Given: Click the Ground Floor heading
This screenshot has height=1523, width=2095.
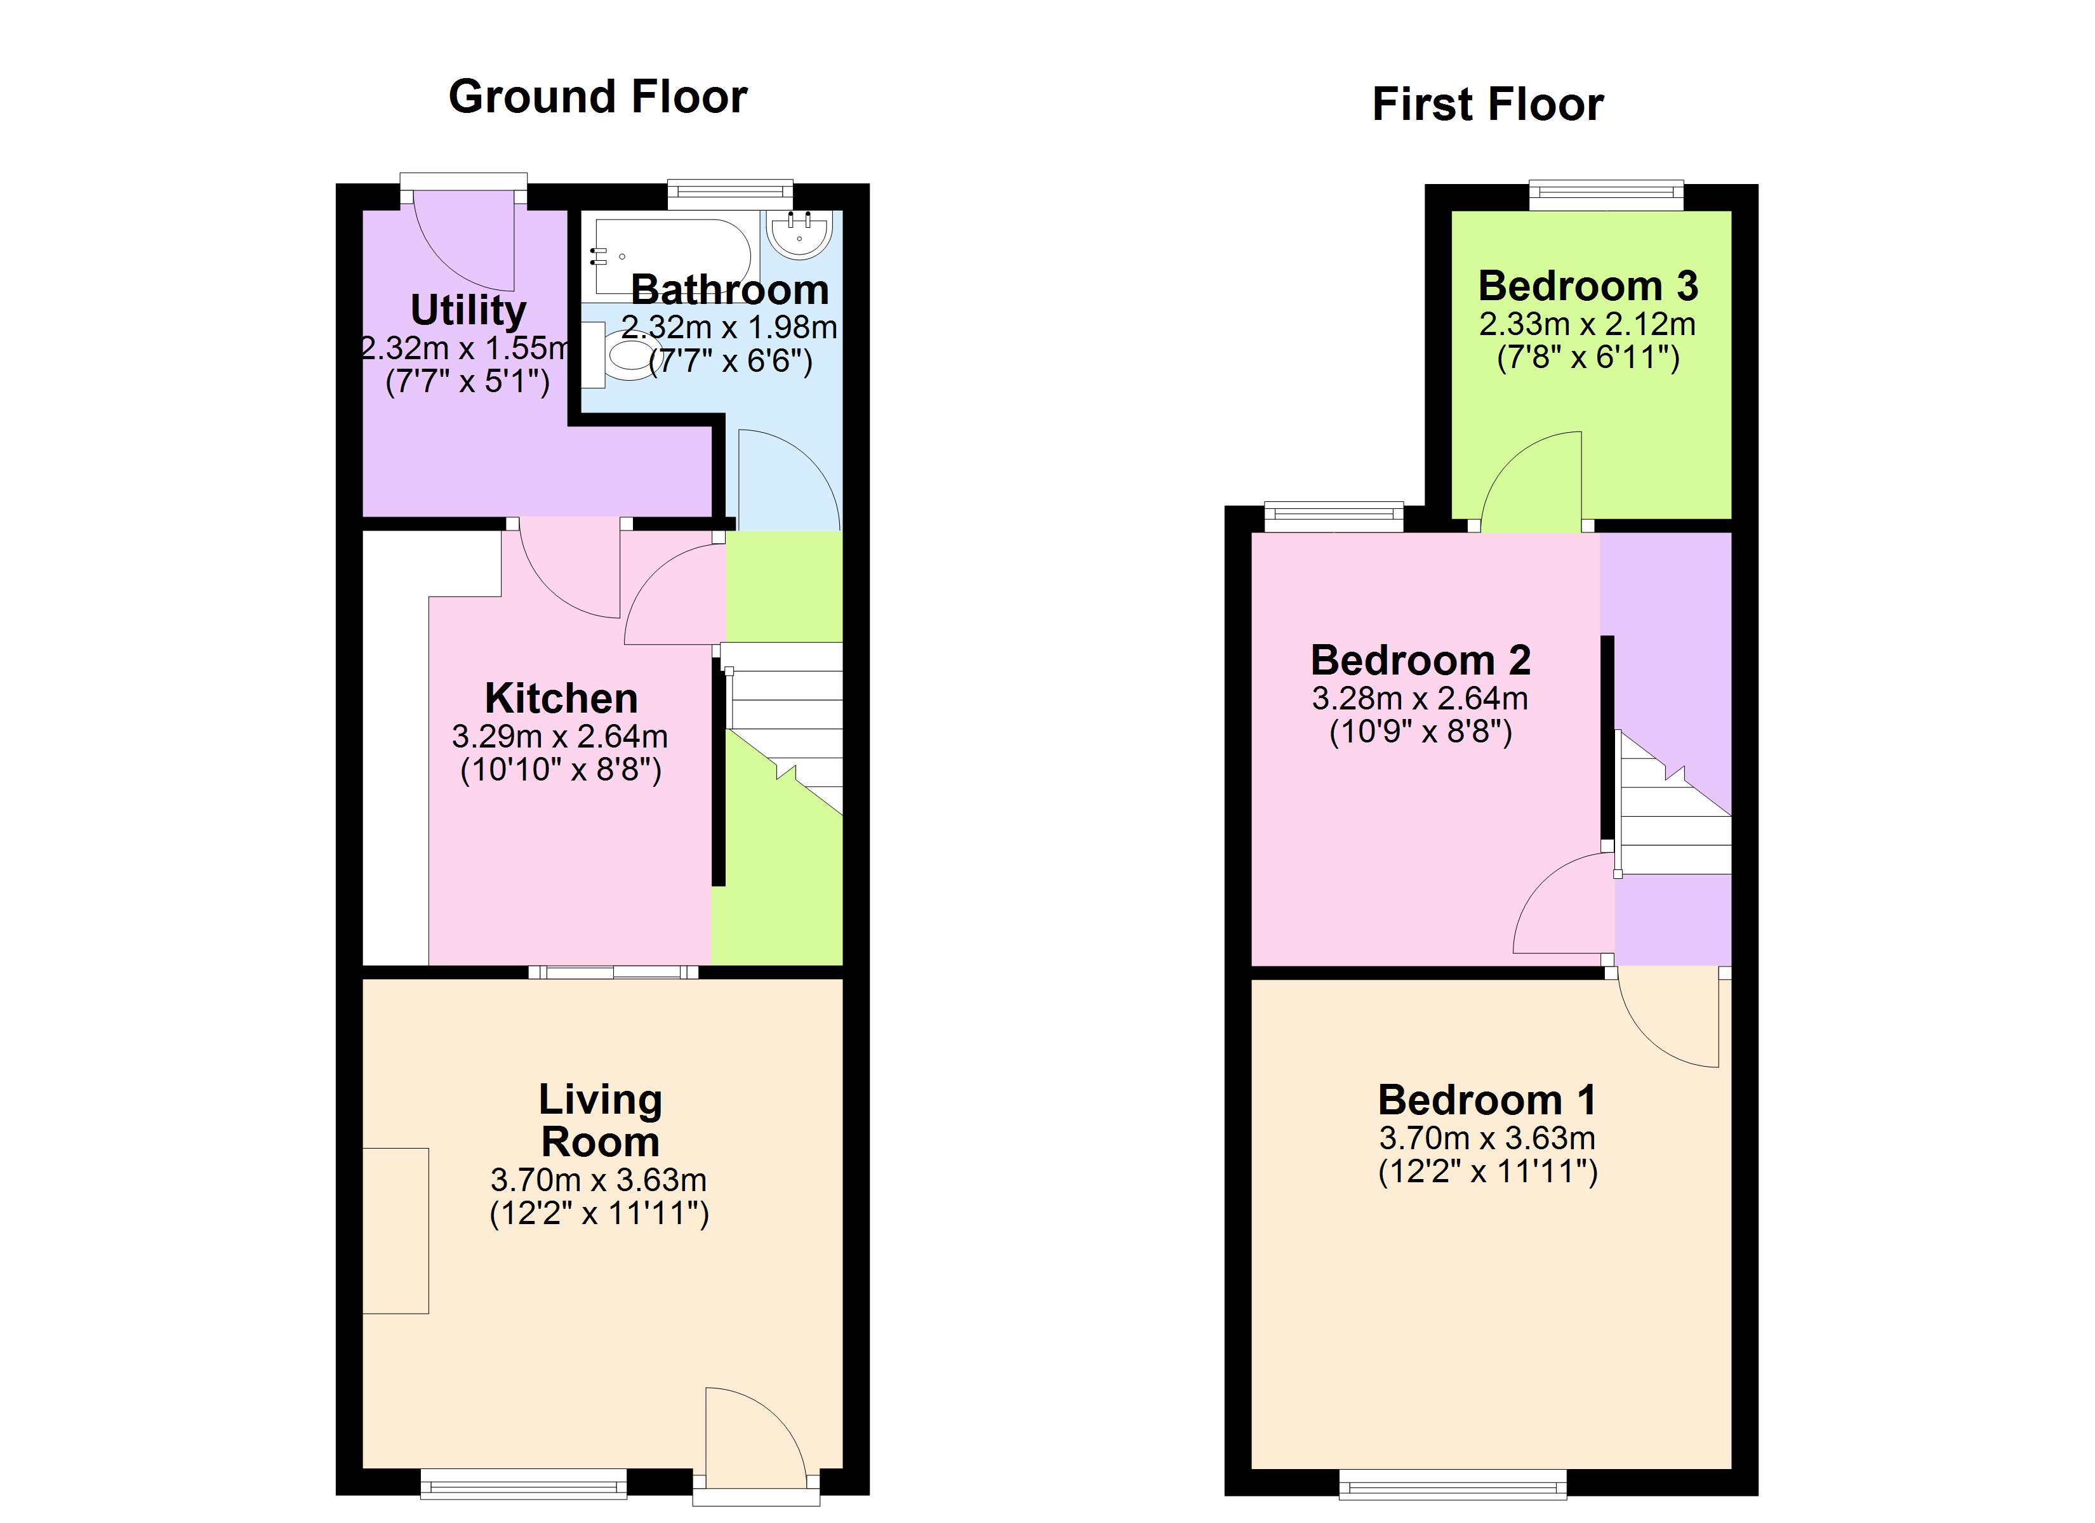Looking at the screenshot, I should tap(597, 97).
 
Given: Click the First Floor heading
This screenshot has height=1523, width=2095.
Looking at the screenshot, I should tap(1487, 104).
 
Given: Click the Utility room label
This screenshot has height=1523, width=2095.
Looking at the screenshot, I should tap(469, 310).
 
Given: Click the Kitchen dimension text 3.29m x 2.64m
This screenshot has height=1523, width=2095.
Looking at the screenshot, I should tap(560, 736).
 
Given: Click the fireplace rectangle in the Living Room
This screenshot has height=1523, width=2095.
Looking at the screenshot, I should tap(396, 1230).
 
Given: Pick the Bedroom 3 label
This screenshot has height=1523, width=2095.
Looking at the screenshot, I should tap(1588, 286).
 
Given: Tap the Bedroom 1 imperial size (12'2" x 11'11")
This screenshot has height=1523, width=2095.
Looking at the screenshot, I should tap(1487, 1172).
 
